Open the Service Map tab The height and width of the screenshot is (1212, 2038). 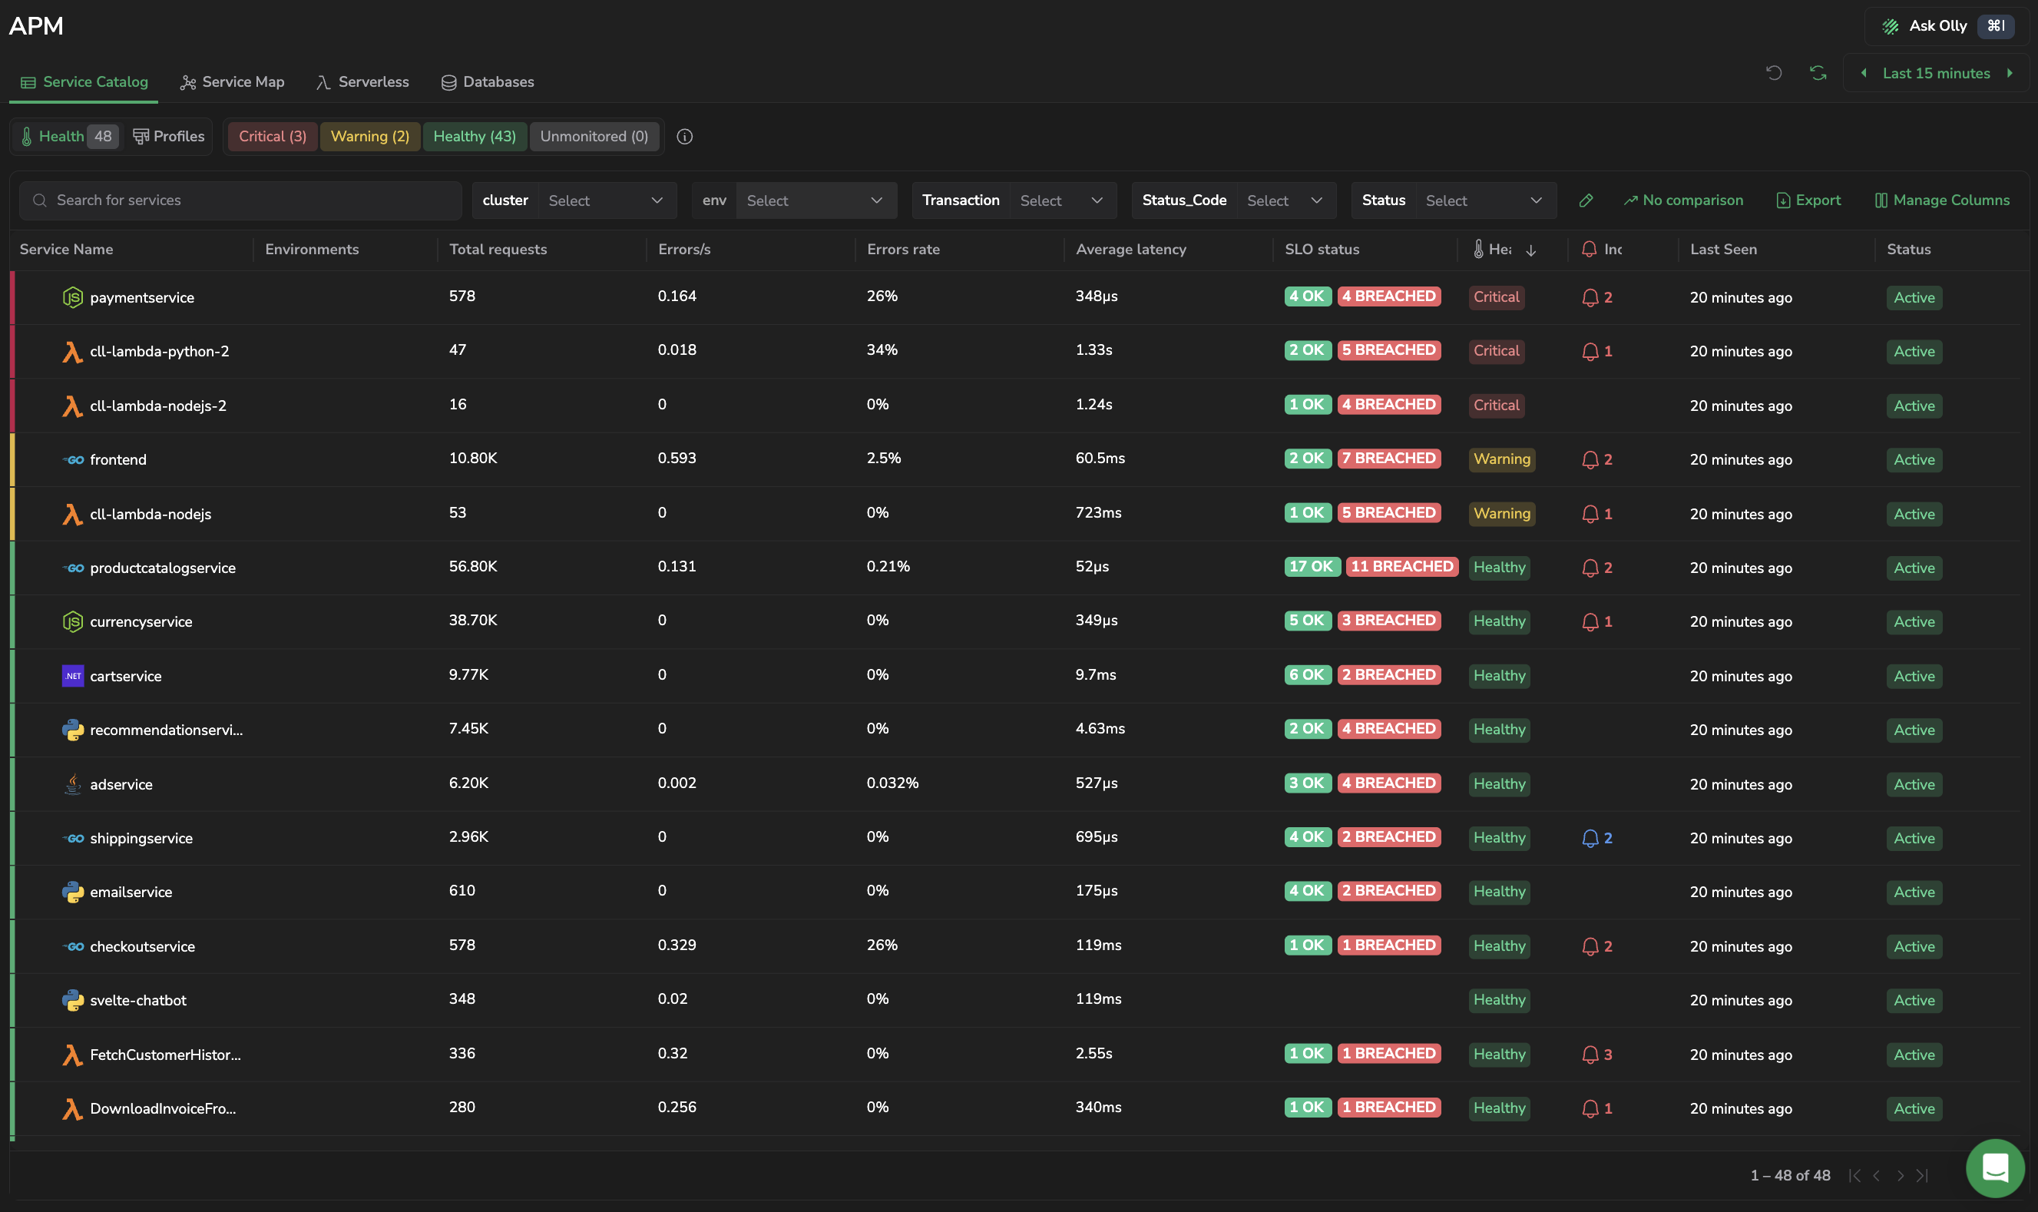coord(233,81)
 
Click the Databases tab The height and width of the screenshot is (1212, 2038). coord(488,81)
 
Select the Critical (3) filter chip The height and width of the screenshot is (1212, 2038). coord(273,137)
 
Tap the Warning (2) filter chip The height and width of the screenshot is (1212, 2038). coord(370,137)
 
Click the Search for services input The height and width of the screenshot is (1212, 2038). coord(240,200)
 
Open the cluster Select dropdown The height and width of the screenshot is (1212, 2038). coord(607,200)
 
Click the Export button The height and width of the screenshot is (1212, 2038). coord(1808,200)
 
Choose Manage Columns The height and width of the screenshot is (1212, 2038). coord(1943,200)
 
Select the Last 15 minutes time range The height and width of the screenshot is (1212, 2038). coord(1936,74)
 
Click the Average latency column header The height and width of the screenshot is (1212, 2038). coord(1131,249)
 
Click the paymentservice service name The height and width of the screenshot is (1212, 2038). coord(142,297)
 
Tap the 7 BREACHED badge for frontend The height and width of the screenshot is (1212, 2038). coord(1389,459)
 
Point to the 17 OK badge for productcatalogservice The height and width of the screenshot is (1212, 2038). coord(1312,566)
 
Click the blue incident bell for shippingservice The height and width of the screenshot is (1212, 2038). coord(1590,838)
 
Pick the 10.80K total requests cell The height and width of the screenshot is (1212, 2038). coord(473,459)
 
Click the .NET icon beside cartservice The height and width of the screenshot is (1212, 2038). coord(73,675)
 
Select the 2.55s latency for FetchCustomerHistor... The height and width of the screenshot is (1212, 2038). coord(1094,1053)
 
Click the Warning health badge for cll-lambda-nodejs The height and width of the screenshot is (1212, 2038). coord(1501,513)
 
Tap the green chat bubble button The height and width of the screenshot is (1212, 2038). coord(1995,1168)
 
